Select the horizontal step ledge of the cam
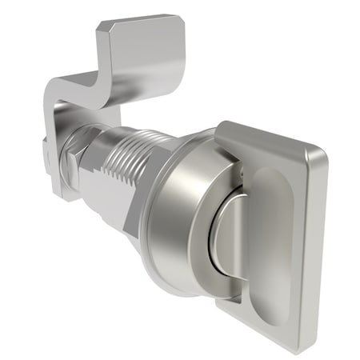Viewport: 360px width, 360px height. pos(76,86)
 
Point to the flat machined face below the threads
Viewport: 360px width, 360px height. pos(108,200)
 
